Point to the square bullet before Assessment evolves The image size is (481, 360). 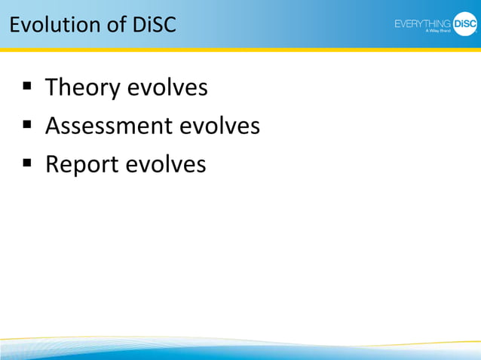coord(27,124)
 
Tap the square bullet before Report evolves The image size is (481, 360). coord(27,162)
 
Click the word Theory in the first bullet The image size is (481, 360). coord(82,88)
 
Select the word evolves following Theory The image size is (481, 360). coord(167,88)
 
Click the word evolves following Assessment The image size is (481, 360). coord(219,126)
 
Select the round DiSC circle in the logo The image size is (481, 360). coord(465,24)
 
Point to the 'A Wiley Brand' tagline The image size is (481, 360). coord(437,32)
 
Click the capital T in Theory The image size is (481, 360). coord(52,88)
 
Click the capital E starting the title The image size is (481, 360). coord(14,25)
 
